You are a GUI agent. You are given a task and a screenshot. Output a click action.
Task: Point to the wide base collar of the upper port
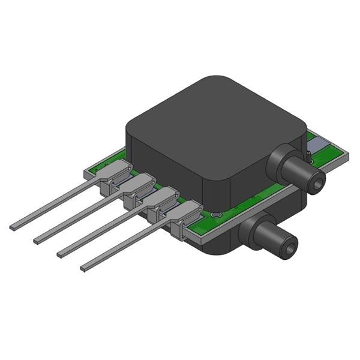pyautogui.click(x=281, y=160)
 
